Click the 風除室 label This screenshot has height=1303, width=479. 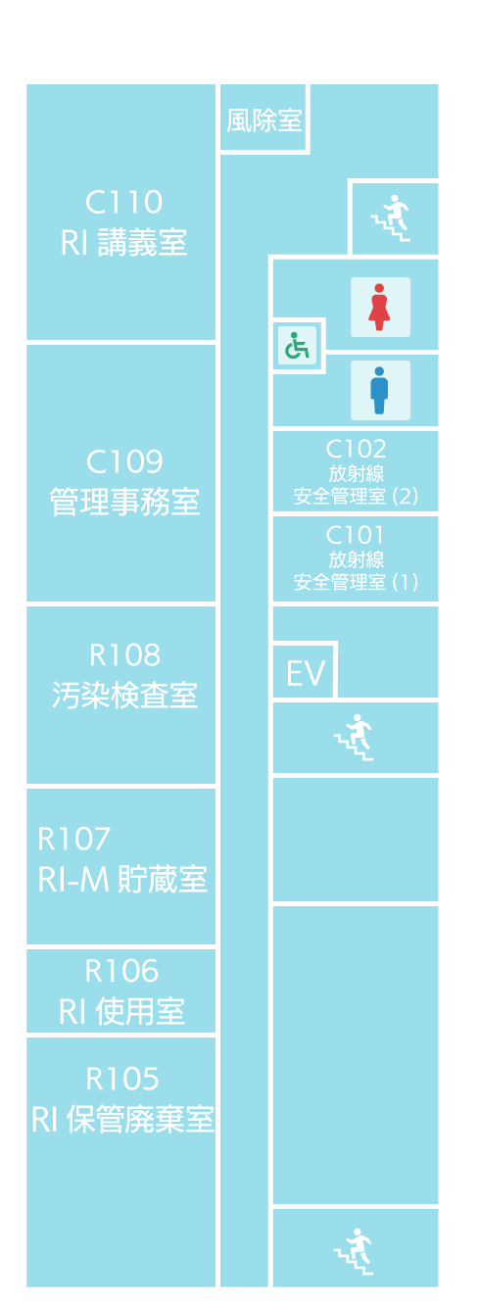pos(263,121)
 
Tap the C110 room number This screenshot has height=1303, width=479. pos(123,202)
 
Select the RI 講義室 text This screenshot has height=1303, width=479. pos(123,243)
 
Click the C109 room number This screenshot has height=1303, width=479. pos(124,461)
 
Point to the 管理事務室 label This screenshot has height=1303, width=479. pos(124,502)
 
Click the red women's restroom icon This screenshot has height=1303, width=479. pos(380,308)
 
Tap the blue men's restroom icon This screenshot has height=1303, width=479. pos(380,390)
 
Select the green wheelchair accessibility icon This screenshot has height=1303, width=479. pos(297,346)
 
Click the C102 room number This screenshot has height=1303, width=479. pos(356,449)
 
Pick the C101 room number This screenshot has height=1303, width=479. pos(355,535)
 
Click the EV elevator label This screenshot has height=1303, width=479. pos(306,674)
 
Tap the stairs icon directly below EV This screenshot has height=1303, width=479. pos(354,738)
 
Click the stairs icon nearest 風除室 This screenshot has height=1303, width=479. pos(391,218)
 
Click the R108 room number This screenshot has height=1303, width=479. pos(124,655)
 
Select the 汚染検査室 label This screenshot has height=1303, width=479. pos(124,696)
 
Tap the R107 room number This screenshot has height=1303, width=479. pos(73,839)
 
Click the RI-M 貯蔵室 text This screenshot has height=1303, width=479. pos(122,879)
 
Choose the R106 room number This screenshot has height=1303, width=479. pos(121,971)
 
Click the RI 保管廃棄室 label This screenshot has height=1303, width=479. pos(122,1119)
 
